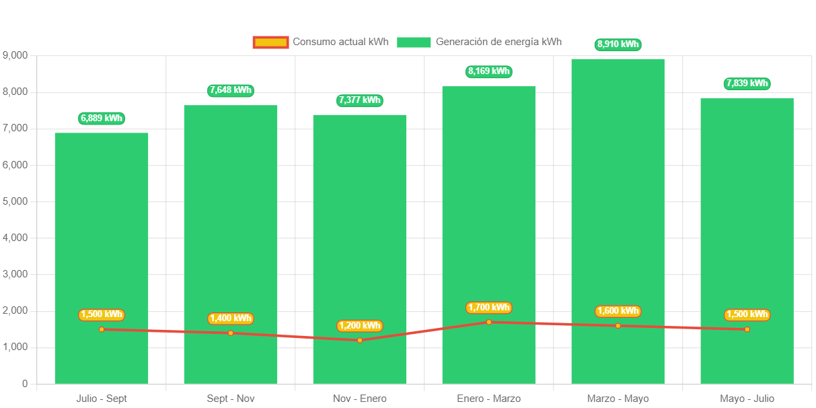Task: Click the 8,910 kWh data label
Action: pos(618,44)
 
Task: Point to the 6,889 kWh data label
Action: pos(102,118)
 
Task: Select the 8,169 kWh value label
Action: pos(489,71)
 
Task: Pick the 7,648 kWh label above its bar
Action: pos(231,90)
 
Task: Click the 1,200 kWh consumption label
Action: pos(360,326)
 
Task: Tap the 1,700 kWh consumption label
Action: pos(489,308)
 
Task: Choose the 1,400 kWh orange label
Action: pos(231,318)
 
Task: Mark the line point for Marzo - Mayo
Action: pos(618,326)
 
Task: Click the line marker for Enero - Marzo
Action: pos(489,322)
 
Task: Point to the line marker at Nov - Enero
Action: pos(360,340)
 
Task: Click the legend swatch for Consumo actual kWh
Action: pos(270,42)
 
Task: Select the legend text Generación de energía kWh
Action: pos(498,42)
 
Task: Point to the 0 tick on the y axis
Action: pos(24,384)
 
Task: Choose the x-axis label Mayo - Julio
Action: pos(747,399)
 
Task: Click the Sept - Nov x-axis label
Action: pos(231,399)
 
